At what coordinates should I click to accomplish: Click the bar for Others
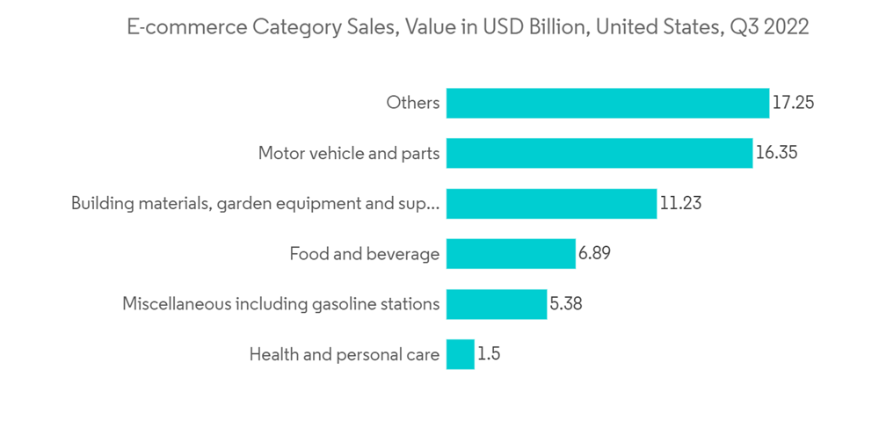coord(607,103)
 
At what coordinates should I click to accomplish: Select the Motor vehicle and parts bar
coord(599,153)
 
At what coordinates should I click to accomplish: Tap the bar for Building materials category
coord(551,204)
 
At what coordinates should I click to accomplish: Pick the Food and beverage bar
coord(511,254)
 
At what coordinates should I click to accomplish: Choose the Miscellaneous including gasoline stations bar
coord(497,305)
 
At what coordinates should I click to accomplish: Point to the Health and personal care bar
coord(461,355)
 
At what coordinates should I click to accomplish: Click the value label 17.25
coord(793,103)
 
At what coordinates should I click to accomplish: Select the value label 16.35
coord(776,153)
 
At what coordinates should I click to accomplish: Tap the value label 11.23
coord(680,204)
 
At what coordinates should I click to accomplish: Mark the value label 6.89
coord(594,254)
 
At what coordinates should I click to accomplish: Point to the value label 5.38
coord(566,305)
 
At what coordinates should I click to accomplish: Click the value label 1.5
coord(490,355)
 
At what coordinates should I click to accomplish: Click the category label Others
coord(412,103)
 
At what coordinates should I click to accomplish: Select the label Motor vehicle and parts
coord(348,153)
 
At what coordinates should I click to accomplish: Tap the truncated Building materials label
coord(255,204)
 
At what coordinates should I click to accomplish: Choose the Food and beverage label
coord(364,254)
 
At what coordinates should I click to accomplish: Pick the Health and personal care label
coord(344,355)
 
